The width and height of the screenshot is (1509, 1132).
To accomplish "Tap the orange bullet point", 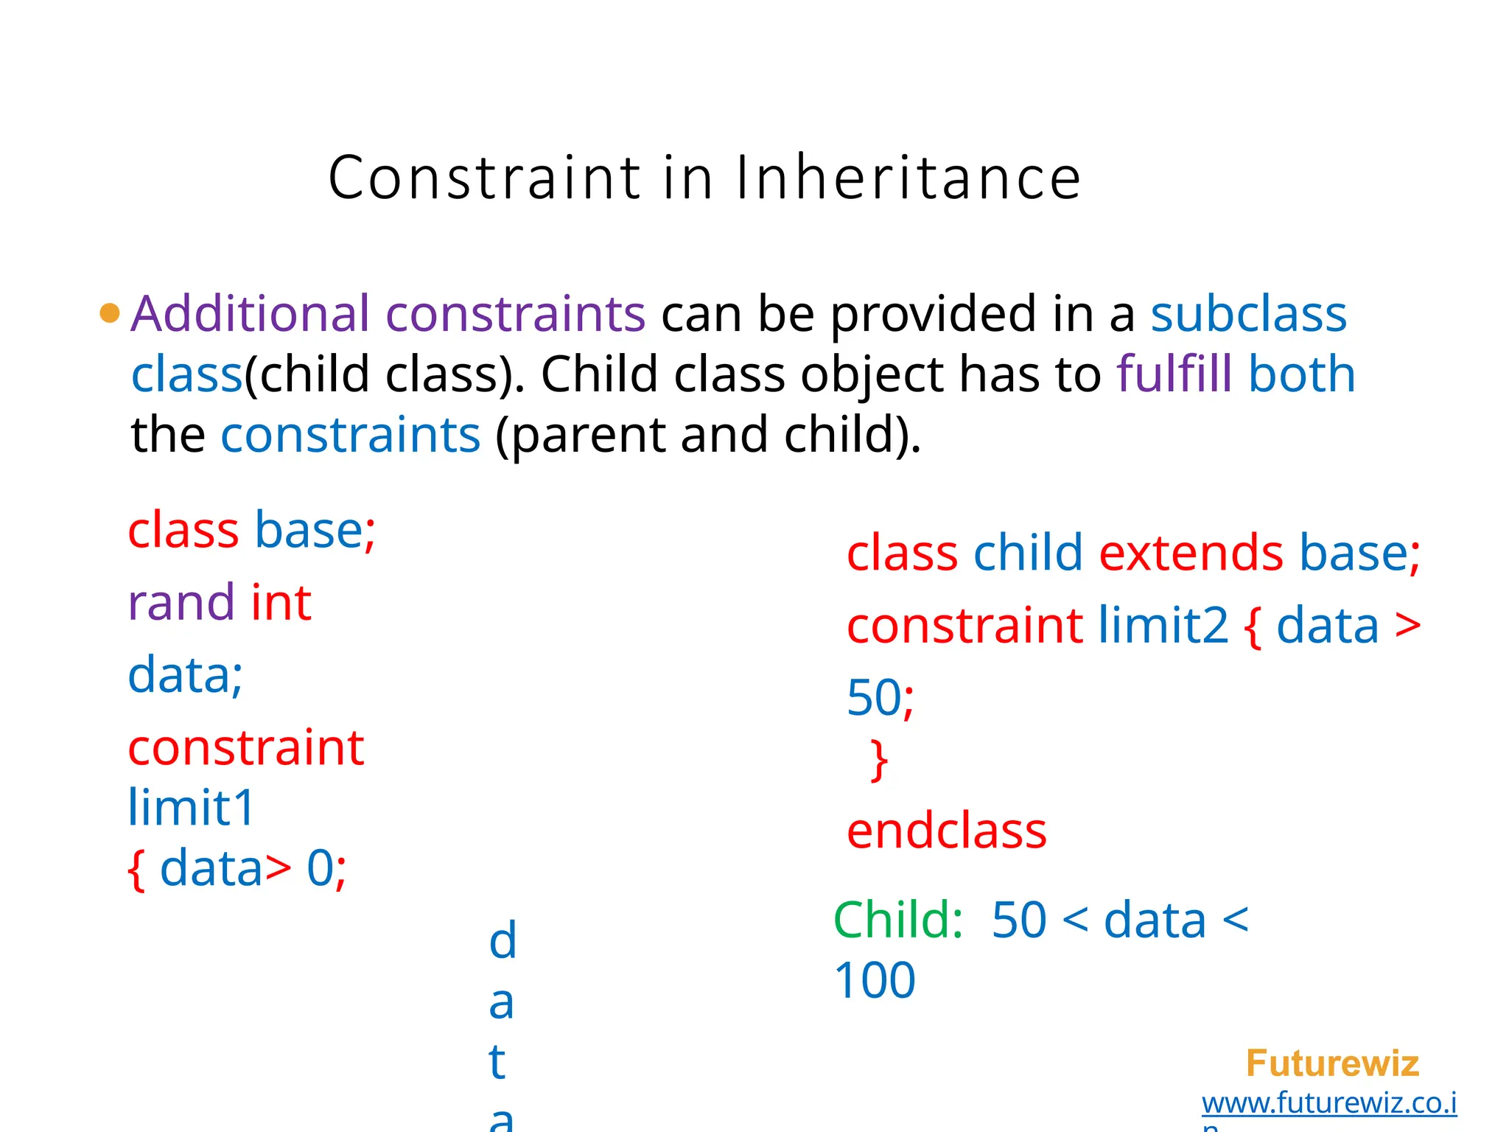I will click(109, 313).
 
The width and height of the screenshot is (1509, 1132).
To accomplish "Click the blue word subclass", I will click(1249, 313).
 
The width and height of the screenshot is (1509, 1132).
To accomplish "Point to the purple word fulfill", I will click(1174, 374).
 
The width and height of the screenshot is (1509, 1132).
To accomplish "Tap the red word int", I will click(281, 602).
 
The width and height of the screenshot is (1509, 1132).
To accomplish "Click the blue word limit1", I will click(191, 807).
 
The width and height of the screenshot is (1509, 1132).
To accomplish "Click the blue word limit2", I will click(1163, 626).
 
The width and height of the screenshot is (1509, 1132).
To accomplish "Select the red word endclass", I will click(946, 831).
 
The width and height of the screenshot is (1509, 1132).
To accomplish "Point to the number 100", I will click(875, 980).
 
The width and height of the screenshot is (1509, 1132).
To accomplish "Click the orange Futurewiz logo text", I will click(1332, 1063).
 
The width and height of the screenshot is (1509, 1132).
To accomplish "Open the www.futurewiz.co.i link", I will click(1329, 1103).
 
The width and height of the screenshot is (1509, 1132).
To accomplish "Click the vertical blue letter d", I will click(503, 941).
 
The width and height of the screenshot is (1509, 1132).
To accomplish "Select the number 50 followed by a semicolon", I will click(880, 697).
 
